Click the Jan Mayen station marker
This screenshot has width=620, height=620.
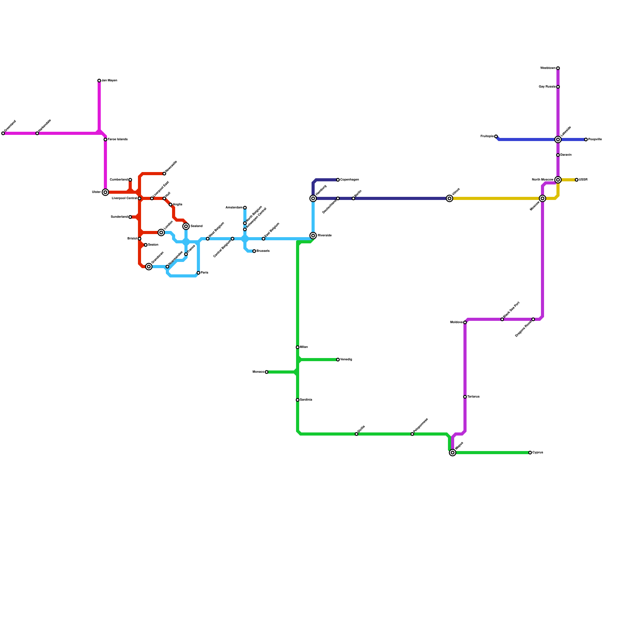pos(99,81)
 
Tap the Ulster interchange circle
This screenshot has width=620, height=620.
pos(105,192)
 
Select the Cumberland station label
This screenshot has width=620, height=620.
pos(119,180)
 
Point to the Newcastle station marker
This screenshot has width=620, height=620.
pos(164,174)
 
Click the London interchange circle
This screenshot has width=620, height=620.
pos(161,232)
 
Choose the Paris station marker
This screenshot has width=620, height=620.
pos(198,273)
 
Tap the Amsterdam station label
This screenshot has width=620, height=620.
pos(234,208)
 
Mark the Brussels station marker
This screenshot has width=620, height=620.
pos(254,251)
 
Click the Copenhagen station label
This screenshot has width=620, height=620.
pos(350,180)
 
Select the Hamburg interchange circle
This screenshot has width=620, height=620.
pos(313,198)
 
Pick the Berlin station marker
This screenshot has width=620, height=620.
pos(353,198)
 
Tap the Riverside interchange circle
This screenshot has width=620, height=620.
pos(313,236)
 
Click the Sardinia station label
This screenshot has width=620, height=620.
pos(306,400)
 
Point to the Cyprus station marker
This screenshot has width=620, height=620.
pos(530,453)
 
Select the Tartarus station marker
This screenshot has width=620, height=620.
pos(465,397)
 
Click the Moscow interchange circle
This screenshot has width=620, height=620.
pos(542,198)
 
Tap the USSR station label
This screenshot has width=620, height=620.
pos(583,180)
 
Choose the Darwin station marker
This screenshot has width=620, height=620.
pos(558,155)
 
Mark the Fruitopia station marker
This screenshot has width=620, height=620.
pos(496,136)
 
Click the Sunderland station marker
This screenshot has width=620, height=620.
pos(130,217)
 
